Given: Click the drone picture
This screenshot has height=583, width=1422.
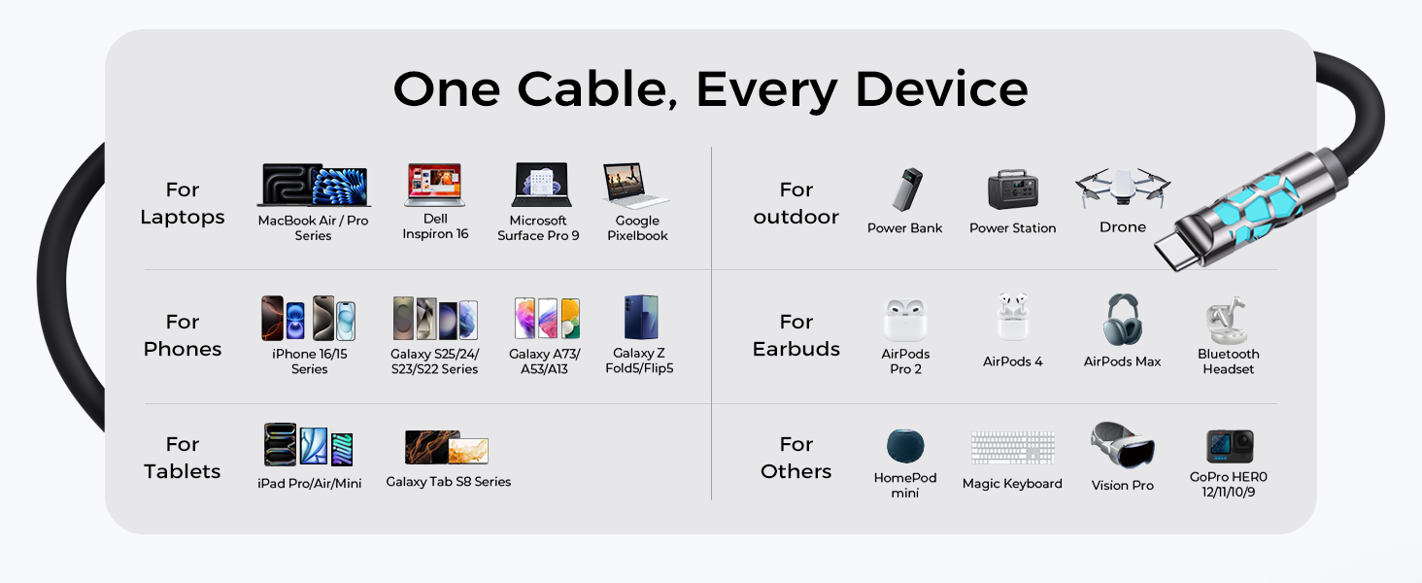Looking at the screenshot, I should click(x=1123, y=187).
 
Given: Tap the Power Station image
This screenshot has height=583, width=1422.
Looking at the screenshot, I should click(x=1012, y=189).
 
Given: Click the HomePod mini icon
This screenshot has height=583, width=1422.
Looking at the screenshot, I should click(x=905, y=446).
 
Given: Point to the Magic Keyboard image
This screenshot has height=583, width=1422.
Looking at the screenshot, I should click(x=1012, y=448).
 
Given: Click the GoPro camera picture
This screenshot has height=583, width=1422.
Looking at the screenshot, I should click(x=1229, y=446).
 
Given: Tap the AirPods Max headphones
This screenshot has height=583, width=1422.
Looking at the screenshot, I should click(x=1122, y=320).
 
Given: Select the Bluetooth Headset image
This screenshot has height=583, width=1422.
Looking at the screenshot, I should click(x=1227, y=320).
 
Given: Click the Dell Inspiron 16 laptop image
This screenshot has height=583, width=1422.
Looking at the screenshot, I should click(x=434, y=185).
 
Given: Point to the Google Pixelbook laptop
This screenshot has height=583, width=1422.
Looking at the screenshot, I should click(x=636, y=187).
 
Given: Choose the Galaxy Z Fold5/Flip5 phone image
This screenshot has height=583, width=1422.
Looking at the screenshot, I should click(x=641, y=318).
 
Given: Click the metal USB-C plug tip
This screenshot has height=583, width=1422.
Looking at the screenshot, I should click(x=1181, y=247).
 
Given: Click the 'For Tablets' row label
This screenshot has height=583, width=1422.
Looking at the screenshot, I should click(x=183, y=458).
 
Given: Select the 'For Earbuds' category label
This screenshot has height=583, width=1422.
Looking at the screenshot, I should click(x=796, y=335).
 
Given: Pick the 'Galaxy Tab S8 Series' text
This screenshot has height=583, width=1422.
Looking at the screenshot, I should click(x=448, y=482).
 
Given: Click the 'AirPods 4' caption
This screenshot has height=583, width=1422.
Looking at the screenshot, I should click(x=1012, y=361).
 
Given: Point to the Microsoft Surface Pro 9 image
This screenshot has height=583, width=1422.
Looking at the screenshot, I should click(x=540, y=185).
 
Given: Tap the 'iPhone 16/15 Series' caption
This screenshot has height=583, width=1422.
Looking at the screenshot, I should click(x=310, y=361).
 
